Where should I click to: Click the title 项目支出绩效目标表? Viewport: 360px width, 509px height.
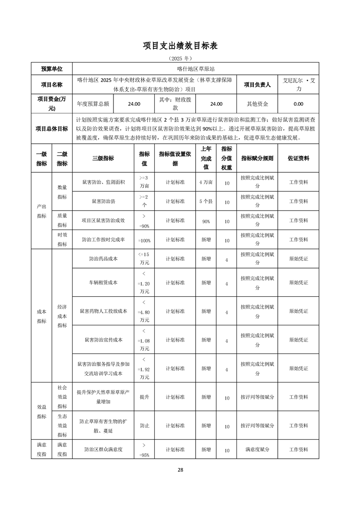pyautogui.click(x=180, y=45)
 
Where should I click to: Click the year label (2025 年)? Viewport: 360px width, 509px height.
pyautogui.click(x=180, y=59)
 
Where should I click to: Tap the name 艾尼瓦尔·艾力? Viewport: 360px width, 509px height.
pyautogui.click(x=298, y=84)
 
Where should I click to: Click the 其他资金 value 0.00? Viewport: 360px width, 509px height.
pyautogui.click(x=298, y=104)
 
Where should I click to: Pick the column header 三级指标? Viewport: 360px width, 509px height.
pyautogui.click(x=103, y=158)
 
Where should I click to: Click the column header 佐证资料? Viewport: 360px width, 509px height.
pyautogui.click(x=298, y=158)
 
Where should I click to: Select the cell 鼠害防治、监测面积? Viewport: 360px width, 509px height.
pyautogui.click(x=103, y=182)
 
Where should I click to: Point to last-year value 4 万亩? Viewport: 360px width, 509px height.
pyautogui.click(x=206, y=182)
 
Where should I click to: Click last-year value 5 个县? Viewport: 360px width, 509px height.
pyautogui.click(x=206, y=201)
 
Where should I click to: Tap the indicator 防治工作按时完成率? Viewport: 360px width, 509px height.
pyautogui.click(x=103, y=240)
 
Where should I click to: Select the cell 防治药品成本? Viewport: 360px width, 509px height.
pyautogui.click(x=103, y=259)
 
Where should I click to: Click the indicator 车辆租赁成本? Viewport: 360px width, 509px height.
pyautogui.click(x=103, y=282)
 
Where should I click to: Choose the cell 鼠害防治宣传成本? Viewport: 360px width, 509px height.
pyautogui.click(x=103, y=340)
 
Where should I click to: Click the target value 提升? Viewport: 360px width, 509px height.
pyautogui.click(x=144, y=397)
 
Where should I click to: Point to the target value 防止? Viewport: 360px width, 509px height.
pyautogui.click(x=144, y=426)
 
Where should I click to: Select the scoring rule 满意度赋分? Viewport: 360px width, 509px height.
pyautogui.click(x=257, y=450)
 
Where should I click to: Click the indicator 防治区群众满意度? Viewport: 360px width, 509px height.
pyautogui.click(x=103, y=450)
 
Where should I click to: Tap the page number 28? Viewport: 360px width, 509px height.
pyautogui.click(x=180, y=470)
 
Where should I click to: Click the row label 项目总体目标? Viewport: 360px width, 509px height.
pyautogui.click(x=52, y=128)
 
